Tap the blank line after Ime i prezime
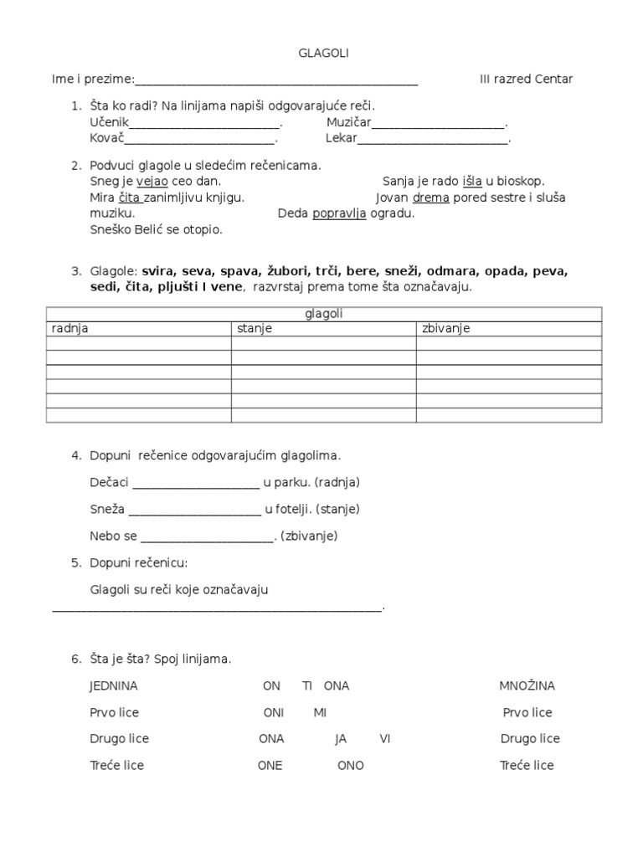click(x=275, y=80)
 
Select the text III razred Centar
click(x=526, y=80)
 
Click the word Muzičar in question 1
click(x=348, y=123)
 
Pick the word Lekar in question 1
click(x=341, y=139)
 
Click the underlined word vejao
click(x=152, y=181)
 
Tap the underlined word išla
click(x=472, y=181)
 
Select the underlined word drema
click(x=431, y=198)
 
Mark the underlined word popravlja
click(x=339, y=213)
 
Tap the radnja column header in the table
click(x=70, y=328)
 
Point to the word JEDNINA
click(x=113, y=686)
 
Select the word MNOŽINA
click(x=527, y=686)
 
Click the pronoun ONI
click(x=274, y=713)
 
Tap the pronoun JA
click(x=341, y=739)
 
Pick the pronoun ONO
click(x=351, y=766)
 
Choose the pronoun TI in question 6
click(x=307, y=686)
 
